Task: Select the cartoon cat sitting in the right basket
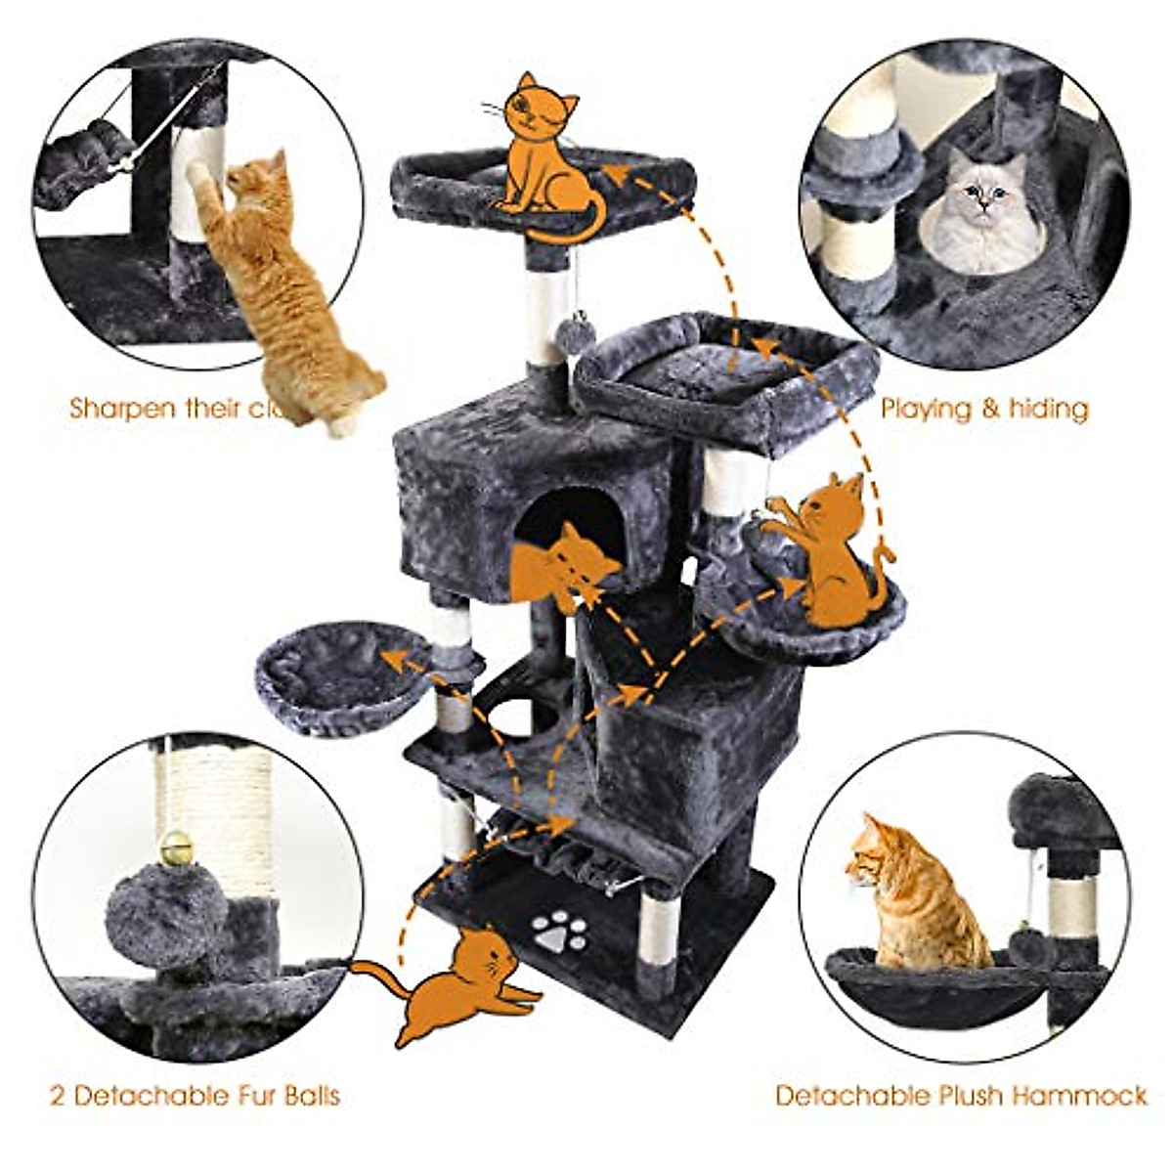[x=831, y=552]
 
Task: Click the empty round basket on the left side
[x=337, y=674]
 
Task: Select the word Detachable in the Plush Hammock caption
[x=847, y=1095]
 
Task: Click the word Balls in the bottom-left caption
[x=306, y=1095]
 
